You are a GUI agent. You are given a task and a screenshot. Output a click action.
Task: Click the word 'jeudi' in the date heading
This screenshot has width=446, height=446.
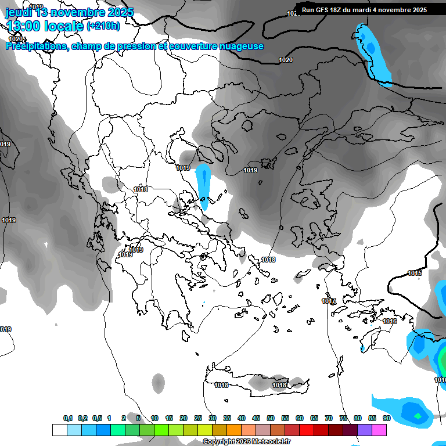19,12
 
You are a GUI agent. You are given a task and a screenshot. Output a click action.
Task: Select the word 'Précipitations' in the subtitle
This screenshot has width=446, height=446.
36,46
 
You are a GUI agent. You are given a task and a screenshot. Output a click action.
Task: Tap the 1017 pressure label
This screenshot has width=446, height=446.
329,301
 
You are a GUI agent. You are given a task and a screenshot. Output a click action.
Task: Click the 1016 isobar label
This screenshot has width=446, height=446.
390,321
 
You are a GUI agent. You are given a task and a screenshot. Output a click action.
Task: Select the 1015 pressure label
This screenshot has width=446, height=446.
415,273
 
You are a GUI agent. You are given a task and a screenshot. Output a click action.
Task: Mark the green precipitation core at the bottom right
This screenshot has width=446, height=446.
418,416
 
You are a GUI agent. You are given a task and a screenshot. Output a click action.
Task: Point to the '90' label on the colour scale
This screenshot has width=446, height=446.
386,418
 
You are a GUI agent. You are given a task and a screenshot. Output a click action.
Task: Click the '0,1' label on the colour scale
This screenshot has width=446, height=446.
68,418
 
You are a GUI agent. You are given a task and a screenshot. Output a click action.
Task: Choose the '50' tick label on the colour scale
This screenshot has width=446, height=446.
271,418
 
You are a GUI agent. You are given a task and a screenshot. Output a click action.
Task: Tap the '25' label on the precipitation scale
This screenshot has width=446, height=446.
198,418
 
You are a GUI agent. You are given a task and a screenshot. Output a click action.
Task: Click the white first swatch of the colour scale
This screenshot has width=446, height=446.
59,430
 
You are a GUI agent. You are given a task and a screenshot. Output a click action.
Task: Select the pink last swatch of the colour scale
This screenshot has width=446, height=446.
379,430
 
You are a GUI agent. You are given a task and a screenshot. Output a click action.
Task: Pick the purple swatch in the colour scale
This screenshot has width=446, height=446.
365,430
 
